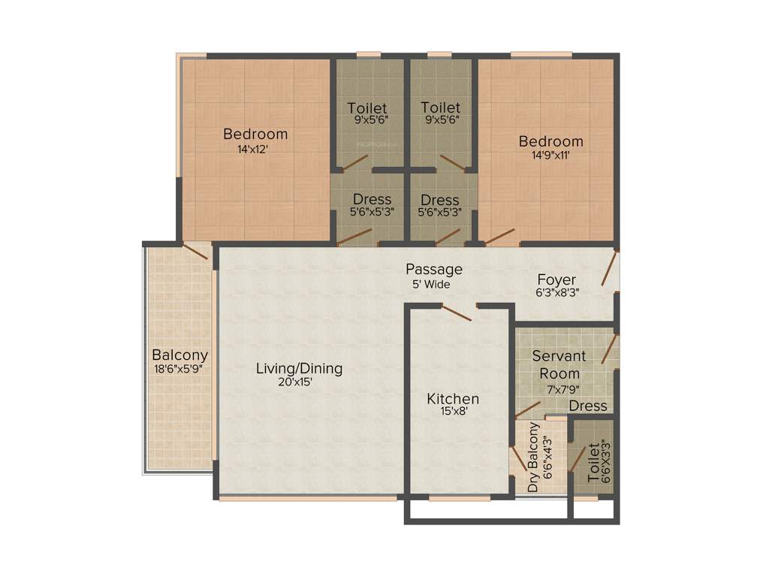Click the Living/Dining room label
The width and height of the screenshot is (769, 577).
(299, 368)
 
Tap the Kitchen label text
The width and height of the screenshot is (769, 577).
(453, 398)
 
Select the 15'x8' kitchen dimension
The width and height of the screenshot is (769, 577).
(453, 412)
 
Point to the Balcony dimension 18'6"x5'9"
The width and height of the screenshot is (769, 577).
(178, 369)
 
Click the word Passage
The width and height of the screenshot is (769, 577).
(434, 269)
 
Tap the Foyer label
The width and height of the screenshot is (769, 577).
(556, 280)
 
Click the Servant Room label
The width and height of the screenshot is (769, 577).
(559, 364)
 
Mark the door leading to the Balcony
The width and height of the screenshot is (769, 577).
(195, 251)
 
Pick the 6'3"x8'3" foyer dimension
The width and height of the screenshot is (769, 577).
(556, 294)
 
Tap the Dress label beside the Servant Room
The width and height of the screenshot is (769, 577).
(587, 406)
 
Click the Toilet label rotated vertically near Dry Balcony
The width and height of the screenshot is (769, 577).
(593, 461)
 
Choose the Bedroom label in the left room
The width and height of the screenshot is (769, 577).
(255, 134)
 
